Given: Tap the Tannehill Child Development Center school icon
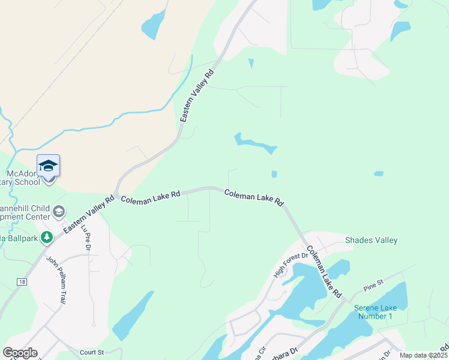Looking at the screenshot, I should pos(59,211).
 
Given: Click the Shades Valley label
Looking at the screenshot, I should pos(371,241).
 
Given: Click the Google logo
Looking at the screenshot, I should pos(20,352).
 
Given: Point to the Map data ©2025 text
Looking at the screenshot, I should pos(423,355).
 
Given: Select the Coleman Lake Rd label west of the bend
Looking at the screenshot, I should pos(150,196).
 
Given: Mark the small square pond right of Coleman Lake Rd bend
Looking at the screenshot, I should pos(274,174).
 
